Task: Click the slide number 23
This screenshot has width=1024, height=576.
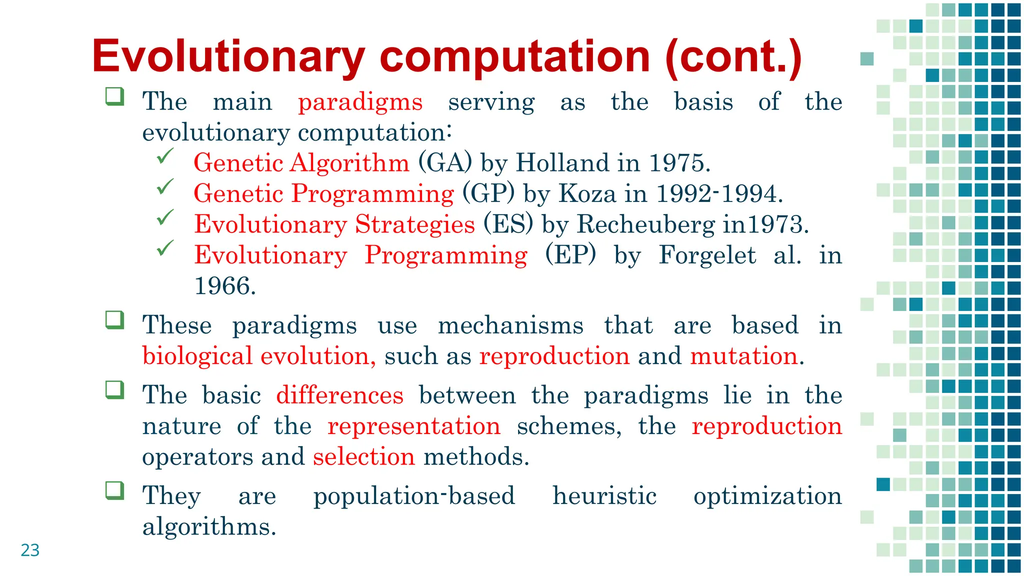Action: (30, 550)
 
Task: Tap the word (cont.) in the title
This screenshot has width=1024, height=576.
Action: (733, 56)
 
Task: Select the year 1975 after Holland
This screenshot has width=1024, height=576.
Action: (678, 163)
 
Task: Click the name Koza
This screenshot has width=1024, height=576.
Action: (587, 193)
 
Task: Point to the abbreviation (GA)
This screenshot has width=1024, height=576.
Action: (445, 163)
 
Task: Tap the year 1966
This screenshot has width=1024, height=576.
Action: (224, 286)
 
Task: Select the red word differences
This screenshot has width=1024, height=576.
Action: (339, 395)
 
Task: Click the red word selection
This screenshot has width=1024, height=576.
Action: (363, 456)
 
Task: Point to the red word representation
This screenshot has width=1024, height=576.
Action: (413, 426)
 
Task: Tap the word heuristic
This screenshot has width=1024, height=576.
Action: (604, 495)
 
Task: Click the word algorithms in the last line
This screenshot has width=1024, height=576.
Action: (209, 526)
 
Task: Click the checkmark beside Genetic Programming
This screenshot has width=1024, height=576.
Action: (164, 187)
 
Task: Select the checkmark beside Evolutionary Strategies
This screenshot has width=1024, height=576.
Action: (164, 217)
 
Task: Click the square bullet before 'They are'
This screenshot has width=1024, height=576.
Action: (114, 490)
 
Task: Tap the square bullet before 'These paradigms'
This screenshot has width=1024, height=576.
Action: (114, 320)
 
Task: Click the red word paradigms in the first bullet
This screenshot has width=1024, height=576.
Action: (360, 102)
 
